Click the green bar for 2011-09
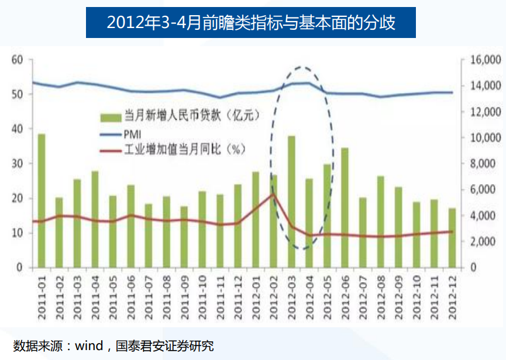pos(184,237)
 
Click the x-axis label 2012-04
pos(309,298)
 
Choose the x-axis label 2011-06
pos(131,298)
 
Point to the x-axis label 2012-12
pos(452,298)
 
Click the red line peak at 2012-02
pos(273,194)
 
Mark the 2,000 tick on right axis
pos(483,242)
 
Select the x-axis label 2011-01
pos(42,298)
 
